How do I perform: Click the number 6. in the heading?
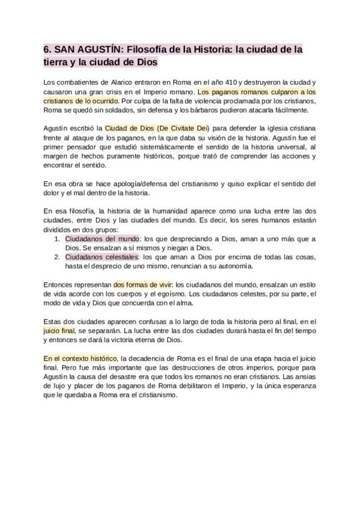click(48, 49)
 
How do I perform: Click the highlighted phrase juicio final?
click(59, 331)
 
